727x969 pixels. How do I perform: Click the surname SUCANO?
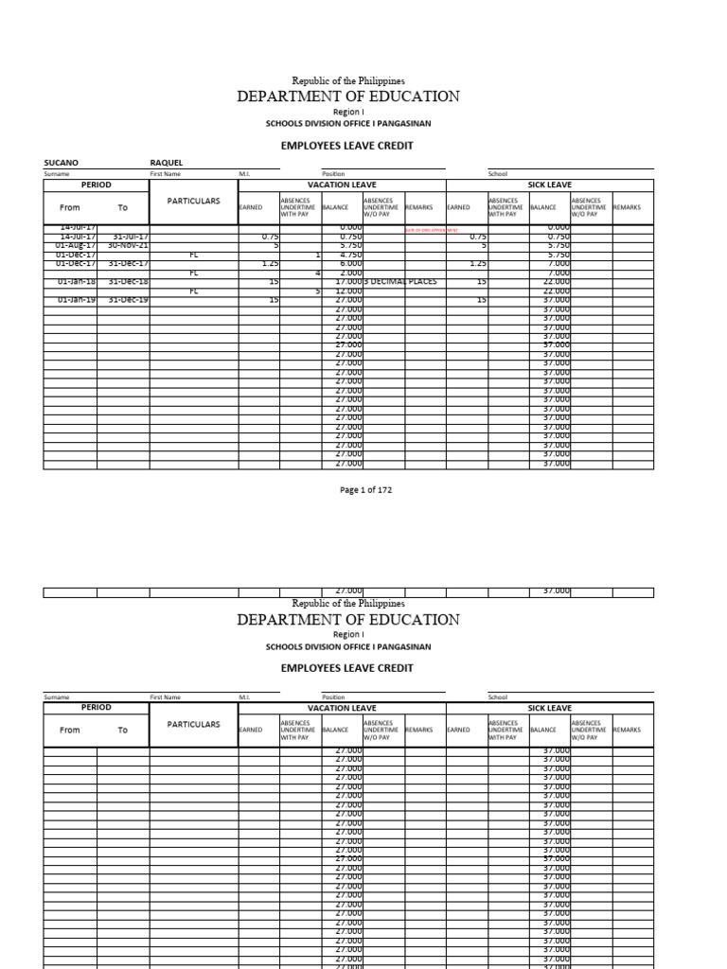click(x=62, y=163)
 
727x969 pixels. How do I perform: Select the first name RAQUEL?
click(x=168, y=163)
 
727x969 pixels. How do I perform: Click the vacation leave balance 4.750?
click(x=349, y=255)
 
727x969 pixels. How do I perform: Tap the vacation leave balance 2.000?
click(x=349, y=273)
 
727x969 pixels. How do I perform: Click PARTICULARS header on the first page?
click(x=193, y=202)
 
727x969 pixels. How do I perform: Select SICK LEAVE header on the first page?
click(x=549, y=185)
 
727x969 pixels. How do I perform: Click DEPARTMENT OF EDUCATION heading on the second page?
click(x=348, y=620)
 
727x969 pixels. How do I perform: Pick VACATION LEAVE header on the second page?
click(x=342, y=708)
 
